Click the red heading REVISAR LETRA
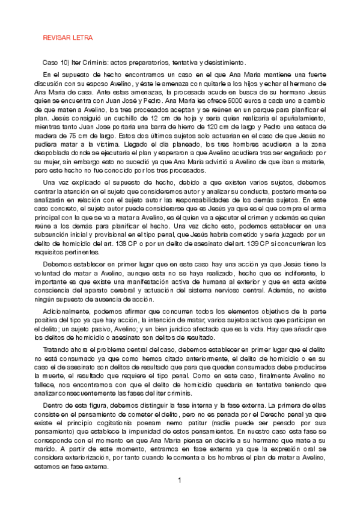pyautogui.click(x=67, y=38)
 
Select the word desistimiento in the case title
pyautogui.click(x=224, y=63)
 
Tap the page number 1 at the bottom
pyautogui.click(x=180, y=480)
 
